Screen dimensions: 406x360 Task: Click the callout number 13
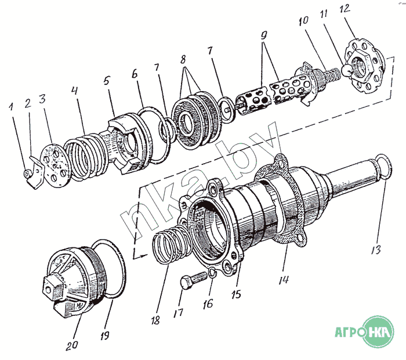(x=376, y=250)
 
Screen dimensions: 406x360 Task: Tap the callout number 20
(x=72, y=345)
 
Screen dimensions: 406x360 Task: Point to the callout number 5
(x=107, y=81)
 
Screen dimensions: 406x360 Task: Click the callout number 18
(x=155, y=321)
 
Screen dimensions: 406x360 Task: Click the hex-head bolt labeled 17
(x=193, y=280)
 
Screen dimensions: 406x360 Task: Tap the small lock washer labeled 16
(x=212, y=273)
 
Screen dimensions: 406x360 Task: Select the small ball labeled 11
(x=347, y=70)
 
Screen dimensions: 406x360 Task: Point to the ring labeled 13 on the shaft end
(x=384, y=166)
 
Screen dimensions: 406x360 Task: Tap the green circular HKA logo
(x=378, y=332)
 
